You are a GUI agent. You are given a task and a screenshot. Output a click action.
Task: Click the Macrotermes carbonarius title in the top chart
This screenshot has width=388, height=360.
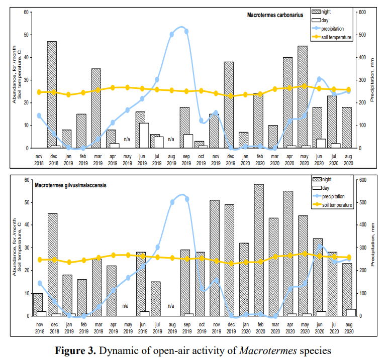[275, 15]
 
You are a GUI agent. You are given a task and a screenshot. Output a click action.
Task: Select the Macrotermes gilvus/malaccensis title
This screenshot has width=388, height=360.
[70, 186]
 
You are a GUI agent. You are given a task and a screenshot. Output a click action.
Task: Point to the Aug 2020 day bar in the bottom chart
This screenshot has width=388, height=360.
[351, 312]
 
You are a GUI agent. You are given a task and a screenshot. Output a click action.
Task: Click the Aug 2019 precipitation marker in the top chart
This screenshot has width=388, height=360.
[172, 34]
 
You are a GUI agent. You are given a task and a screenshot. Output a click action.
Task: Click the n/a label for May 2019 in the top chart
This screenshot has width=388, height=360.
[127, 139]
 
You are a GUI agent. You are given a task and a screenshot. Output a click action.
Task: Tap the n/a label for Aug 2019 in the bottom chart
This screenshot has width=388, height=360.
[171, 306]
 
